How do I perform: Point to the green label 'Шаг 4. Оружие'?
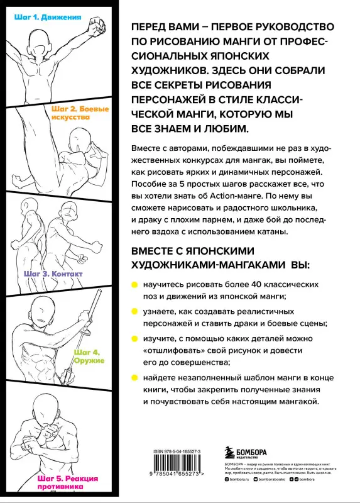(x=90, y=357)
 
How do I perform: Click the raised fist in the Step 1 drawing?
(x=96, y=26)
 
